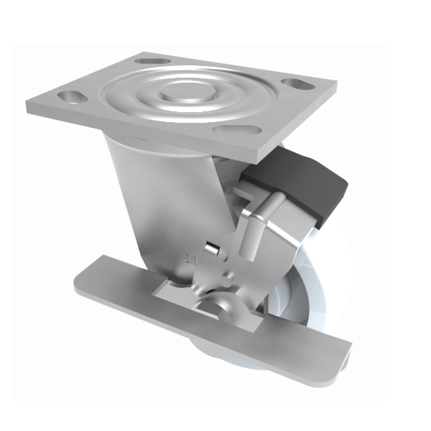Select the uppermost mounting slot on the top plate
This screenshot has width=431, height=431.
(153, 61)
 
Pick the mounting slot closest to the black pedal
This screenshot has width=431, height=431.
(233, 130)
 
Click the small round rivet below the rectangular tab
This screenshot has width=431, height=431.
(228, 276)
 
